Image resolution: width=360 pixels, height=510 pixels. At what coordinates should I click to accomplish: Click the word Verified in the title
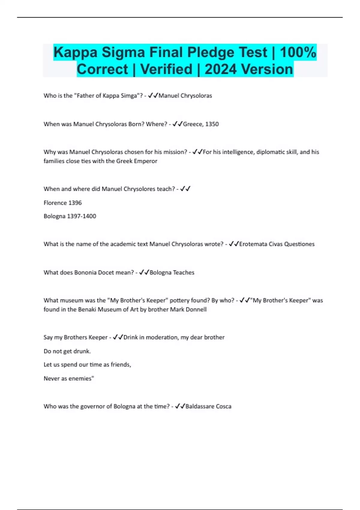pyautogui.click(x=166, y=69)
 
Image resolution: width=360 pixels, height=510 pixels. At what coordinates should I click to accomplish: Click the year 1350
pyautogui.click(x=212, y=124)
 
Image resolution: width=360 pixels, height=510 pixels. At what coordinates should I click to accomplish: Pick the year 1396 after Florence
pyautogui.click(x=75, y=203)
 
